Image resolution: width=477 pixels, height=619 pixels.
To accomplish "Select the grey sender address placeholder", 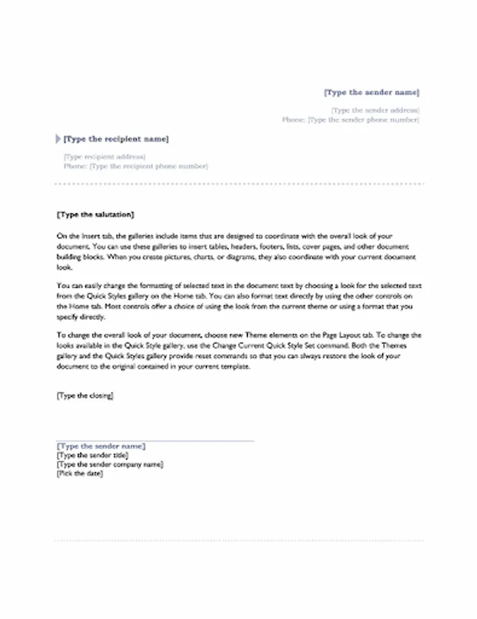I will click(375, 110).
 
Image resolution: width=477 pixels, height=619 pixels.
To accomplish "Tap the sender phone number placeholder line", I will click(350, 120).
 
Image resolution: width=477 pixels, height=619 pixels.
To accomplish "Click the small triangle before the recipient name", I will click(57, 139).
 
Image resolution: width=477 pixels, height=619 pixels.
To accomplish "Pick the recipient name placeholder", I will click(115, 139).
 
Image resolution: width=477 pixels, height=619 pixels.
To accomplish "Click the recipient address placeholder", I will click(104, 157).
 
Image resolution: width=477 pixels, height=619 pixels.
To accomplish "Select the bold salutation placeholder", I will click(96, 215).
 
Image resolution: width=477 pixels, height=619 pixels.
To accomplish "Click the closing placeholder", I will click(85, 396).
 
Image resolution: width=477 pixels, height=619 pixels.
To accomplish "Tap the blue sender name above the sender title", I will click(101, 446).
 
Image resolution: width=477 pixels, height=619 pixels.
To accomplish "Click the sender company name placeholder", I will click(110, 464).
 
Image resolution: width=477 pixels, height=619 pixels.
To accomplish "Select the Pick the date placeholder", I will click(80, 473).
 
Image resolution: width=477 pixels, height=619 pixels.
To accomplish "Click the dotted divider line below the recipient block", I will click(239, 184).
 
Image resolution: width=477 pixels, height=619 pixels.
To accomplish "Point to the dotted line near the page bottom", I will click(239, 541).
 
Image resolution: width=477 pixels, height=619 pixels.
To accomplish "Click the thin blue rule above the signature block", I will click(155, 440).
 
